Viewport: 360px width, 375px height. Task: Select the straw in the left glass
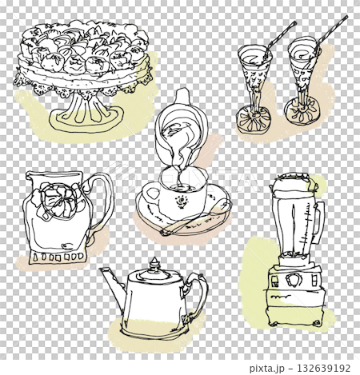pos(279,36)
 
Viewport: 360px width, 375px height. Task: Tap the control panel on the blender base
pos(289,281)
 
